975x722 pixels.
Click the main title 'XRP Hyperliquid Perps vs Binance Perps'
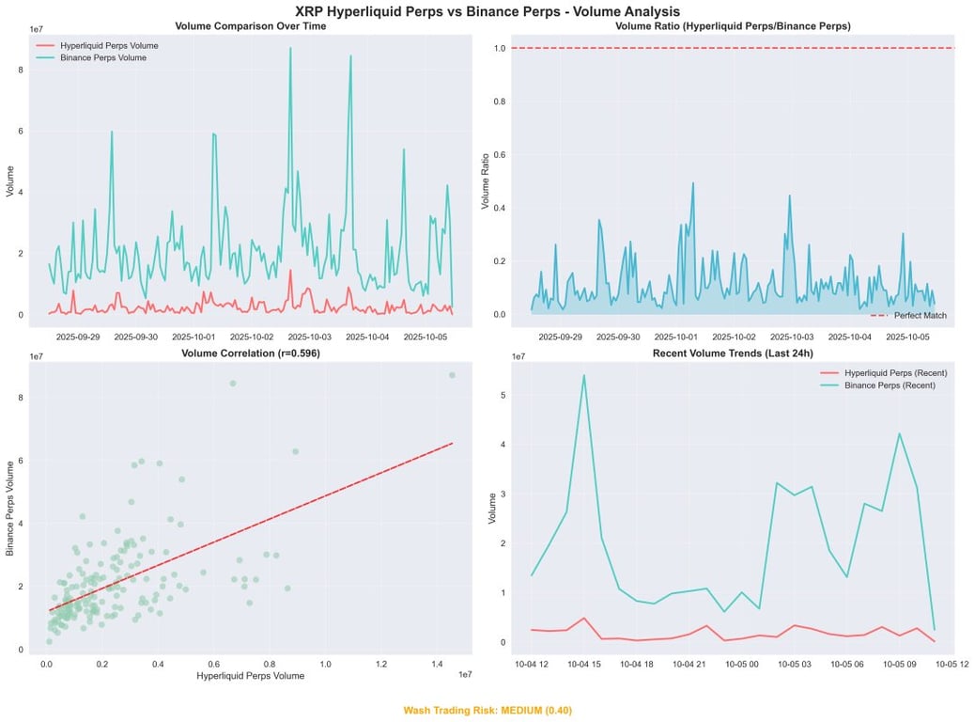pos(487,11)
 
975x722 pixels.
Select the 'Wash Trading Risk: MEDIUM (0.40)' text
pos(487,711)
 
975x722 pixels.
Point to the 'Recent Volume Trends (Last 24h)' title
pos(733,353)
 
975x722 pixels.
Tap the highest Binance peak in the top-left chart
pos(290,48)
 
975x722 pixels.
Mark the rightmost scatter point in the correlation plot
pos(452,375)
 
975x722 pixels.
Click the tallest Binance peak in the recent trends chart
pos(583,375)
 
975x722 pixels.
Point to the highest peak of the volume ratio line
pos(693,183)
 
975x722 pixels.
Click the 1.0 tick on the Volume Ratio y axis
pos(500,48)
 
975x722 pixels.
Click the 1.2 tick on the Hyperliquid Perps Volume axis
pos(381,664)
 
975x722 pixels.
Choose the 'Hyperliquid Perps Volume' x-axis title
pos(250,676)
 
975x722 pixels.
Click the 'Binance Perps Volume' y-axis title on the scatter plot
pos(11,508)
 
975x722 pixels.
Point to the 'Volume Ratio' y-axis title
pos(487,181)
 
